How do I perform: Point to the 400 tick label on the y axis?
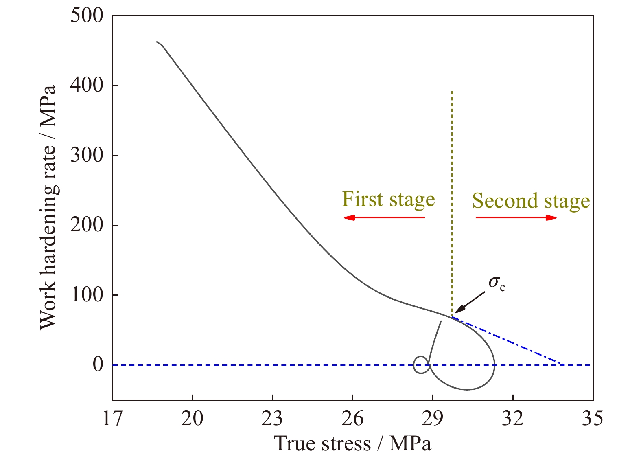(87, 85)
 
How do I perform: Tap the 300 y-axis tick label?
(87, 155)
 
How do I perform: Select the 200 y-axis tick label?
(87, 225)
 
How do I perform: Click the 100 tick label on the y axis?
(87, 295)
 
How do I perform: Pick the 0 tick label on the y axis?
(98, 365)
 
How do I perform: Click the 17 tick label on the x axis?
(112, 419)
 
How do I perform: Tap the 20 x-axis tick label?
(193, 419)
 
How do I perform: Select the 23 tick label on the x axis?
(273, 419)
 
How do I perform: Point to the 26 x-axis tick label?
(352, 419)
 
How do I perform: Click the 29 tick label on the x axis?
(433, 419)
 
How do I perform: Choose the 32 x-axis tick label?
(513, 419)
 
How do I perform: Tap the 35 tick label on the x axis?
(593, 419)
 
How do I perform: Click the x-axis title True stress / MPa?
(353, 443)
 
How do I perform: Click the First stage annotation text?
(388, 200)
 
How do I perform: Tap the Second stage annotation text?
(531, 201)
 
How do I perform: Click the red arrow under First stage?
(384, 217)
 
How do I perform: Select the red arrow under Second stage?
(516, 217)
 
